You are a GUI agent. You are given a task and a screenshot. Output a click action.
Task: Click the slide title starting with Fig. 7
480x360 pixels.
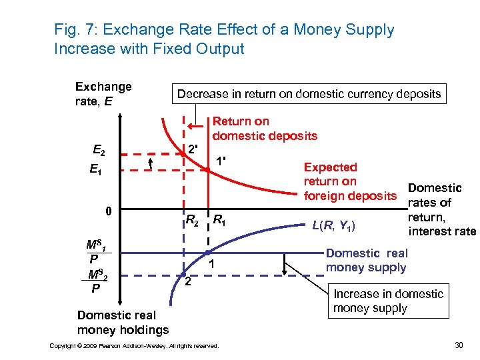click(x=224, y=39)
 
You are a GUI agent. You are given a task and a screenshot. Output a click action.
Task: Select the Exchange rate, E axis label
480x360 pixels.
click(x=103, y=94)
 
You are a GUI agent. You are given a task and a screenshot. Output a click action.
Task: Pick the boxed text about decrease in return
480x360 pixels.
click(x=309, y=94)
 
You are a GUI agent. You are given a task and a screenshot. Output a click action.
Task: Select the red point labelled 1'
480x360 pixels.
click(x=208, y=170)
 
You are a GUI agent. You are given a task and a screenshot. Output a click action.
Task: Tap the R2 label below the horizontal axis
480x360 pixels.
click(x=191, y=219)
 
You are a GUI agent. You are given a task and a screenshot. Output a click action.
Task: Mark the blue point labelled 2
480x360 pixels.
click(x=184, y=274)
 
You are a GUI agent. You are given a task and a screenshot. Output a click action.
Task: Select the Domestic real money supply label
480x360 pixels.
click(x=367, y=260)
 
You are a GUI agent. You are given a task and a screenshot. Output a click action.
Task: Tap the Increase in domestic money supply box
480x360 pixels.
click(x=388, y=301)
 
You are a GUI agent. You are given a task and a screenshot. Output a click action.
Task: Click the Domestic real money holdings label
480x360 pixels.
click(x=123, y=322)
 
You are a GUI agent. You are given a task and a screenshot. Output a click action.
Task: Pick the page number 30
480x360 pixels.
click(x=458, y=345)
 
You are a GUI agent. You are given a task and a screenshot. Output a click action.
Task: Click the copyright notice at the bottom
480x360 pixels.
click(x=134, y=345)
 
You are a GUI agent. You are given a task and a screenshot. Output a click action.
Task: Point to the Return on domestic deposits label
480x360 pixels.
click(x=265, y=129)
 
